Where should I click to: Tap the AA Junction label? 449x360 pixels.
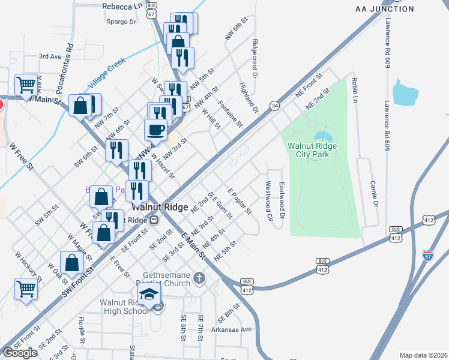point(385,9)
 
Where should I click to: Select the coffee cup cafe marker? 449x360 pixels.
point(156,130)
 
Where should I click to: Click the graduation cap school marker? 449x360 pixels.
point(149,294)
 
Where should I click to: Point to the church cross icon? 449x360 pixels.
point(200,278)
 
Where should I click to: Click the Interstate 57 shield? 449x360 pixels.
point(428,256)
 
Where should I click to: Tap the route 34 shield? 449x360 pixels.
point(274,106)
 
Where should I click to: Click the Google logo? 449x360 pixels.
point(20,353)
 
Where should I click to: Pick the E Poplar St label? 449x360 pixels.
point(239,201)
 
